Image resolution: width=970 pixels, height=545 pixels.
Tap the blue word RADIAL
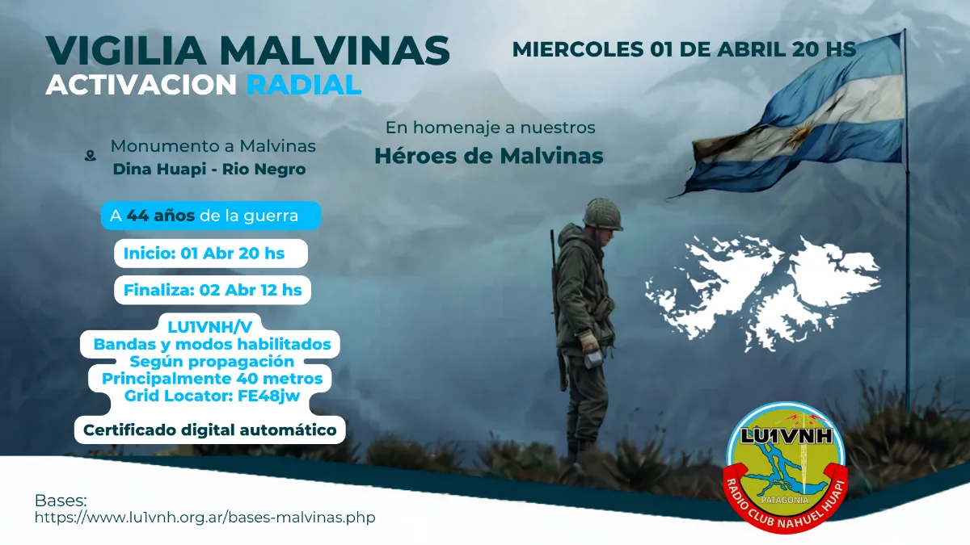(x=304, y=84)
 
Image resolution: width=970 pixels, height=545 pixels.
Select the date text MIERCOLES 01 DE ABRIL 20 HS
(x=684, y=48)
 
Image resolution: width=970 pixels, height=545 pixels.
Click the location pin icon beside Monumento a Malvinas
(x=90, y=156)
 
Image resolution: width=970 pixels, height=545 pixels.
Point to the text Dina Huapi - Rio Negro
(x=209, y=170)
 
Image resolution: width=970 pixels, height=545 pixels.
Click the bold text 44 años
(x=160, y=216)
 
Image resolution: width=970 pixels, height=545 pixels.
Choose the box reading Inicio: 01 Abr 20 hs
(x=204, y=254)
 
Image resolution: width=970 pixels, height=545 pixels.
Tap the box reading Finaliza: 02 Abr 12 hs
(x=213, y=290)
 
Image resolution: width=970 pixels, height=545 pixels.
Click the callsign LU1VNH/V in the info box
(x=210, y=328)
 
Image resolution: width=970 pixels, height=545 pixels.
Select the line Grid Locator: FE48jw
(x=213, y=396)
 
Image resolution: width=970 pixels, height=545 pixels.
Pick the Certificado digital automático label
(x=210, y=430)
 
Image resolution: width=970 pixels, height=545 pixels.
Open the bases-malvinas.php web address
(x=205, y=517)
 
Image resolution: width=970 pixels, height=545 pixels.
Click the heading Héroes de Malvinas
(x=488, y=156)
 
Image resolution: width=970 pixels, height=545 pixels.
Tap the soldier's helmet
(x=602, y=214)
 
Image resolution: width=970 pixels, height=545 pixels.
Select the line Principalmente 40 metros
(x=212, y=378)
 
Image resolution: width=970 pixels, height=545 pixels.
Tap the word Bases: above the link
(x=61, y=500)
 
